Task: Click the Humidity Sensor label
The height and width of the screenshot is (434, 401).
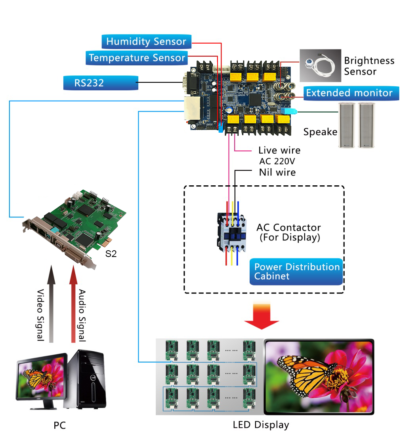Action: coord(146,42)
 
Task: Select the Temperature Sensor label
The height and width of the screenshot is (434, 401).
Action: coord(137,58)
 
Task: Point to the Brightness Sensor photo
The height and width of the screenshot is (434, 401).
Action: coord(320,65)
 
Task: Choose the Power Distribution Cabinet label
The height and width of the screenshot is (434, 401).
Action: coord(296,272)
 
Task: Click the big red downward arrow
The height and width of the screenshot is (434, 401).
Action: coord(262,315)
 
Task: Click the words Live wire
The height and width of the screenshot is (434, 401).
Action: coord(279,150)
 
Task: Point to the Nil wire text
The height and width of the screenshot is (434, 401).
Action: coord(277,172)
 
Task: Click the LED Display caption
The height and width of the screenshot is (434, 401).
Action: coord(261,425)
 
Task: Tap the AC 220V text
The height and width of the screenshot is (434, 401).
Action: coord(277,161)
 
